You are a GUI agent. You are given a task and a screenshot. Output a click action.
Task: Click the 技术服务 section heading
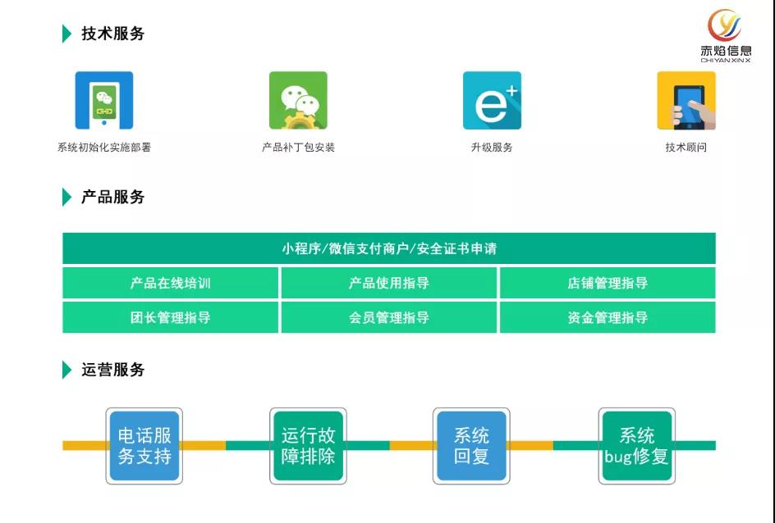coord(112,34)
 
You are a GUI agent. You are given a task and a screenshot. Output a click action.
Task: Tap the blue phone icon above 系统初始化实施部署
coord(104,100)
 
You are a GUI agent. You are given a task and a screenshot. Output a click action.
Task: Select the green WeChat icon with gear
coord(298,100)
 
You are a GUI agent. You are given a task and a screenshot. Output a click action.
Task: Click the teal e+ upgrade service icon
coord(492,100)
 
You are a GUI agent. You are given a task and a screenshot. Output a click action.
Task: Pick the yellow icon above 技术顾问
coord(686,100)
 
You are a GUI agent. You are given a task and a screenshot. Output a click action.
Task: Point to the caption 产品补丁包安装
coord(298,148)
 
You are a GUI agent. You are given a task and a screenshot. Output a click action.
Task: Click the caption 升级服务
coord(492,148)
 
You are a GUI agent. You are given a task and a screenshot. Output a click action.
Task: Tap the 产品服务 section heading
coord(112,197)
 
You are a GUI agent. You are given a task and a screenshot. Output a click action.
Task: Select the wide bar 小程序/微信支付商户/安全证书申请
coord(388,248)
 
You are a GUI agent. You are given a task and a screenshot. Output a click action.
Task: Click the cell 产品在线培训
coord(171,283)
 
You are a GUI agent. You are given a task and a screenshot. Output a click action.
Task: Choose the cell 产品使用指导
coord(388,283)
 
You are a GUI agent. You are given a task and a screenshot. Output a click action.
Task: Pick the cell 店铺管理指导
coord(607,283)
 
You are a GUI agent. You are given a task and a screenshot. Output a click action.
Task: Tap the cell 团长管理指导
coord(171,317)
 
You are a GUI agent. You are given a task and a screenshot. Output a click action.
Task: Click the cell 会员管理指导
coord(388,317)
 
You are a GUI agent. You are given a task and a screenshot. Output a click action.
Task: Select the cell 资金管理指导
coord(607,317)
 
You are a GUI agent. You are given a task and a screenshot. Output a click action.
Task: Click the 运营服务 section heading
coord(112,370)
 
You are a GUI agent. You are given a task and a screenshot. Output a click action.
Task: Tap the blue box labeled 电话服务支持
coord(144,446)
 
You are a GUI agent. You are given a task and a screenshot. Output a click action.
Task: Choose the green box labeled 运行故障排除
coord(308,446)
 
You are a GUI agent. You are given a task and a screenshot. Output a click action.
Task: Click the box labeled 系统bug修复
coord(636,446)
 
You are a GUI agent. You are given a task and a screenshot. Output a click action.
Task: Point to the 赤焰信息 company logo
coord(725,34)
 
